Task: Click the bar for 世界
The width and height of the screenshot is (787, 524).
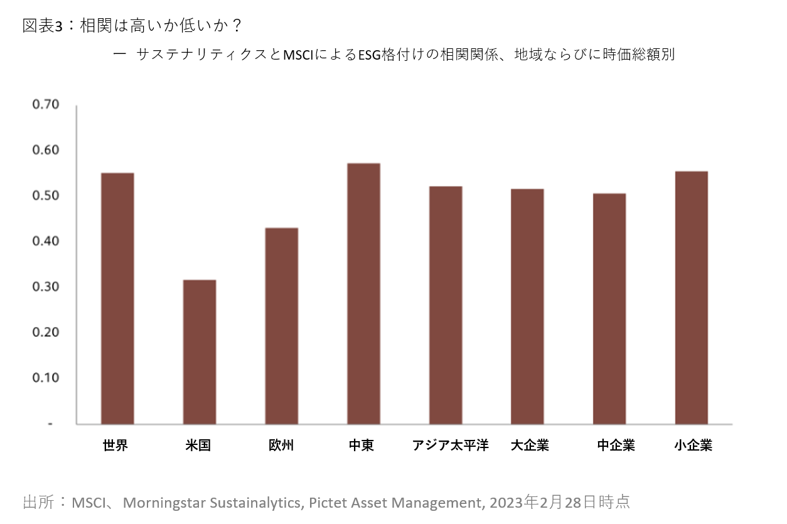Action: pos(117,299)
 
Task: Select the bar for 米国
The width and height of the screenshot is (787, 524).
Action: pos(200,352)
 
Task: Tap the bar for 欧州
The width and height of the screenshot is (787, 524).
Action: pos(281,326)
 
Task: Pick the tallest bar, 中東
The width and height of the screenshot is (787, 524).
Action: pos(363,294)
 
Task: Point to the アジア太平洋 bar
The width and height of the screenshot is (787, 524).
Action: pos(446,305)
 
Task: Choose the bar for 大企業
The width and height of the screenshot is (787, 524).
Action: pos(527,306)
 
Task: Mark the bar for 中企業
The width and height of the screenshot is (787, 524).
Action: pos(609,309)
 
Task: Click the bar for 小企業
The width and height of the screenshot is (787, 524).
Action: pos(692,297)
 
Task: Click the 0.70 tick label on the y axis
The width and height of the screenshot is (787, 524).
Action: pos(45,104)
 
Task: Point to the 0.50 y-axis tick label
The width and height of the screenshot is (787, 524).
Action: pos(45,196)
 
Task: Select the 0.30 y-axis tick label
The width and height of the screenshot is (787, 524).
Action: pos(45,287)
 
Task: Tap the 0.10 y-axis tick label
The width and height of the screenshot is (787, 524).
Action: pos(45,378)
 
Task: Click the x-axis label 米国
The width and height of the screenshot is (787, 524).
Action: pos(198,446)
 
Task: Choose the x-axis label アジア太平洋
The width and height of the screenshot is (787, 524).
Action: pos(450,446)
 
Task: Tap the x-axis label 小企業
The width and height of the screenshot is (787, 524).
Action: pos(693,446)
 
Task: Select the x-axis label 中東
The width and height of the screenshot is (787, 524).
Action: pos(361,446)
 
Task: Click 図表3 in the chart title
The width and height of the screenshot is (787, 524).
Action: pos(43,26)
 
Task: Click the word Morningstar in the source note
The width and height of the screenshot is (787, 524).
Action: pos(163,503)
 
